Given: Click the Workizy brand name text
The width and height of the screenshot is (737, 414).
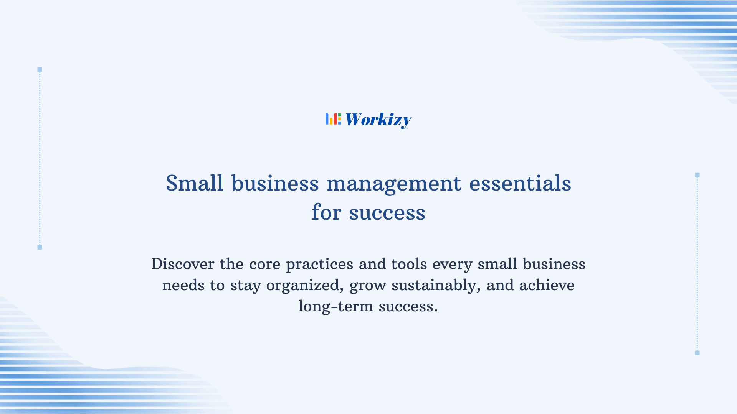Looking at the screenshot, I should coord(378,120).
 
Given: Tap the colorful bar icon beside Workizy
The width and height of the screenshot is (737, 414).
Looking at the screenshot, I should coord(333,119).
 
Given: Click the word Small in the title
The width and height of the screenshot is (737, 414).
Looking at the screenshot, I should coord(194,183).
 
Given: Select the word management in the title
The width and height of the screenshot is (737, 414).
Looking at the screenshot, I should coord(393,184).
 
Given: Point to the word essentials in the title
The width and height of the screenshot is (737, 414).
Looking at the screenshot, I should coord(520,183).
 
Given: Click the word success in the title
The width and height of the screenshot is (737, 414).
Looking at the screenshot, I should coord(387,213).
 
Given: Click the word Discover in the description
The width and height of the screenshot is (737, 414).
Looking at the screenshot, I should coord(183,264).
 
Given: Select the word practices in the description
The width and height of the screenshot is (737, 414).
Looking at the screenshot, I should coord(319,264).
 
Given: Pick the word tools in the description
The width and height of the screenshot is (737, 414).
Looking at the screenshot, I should coord(409,264).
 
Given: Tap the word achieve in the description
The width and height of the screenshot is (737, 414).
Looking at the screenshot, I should coord(547,285).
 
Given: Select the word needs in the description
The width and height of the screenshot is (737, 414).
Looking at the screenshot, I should coord(183,286).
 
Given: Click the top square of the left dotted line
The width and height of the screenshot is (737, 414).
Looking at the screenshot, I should coord(40,70).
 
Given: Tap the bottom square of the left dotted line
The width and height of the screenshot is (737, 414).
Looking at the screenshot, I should coord(40,247).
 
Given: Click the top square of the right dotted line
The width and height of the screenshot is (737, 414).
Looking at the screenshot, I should coord(697,175).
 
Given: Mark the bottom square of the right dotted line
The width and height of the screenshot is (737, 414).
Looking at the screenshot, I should coord(697,353).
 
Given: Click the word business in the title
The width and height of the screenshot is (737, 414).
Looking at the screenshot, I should coord(275,183).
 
